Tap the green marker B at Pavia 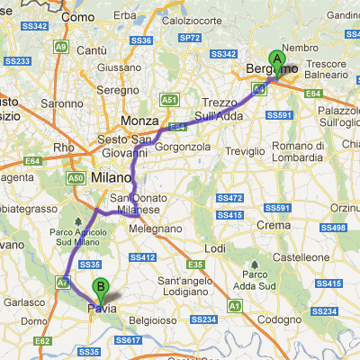101,290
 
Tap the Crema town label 272,224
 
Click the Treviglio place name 246,151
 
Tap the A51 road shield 168,99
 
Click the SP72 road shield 189,38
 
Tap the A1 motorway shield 234,306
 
